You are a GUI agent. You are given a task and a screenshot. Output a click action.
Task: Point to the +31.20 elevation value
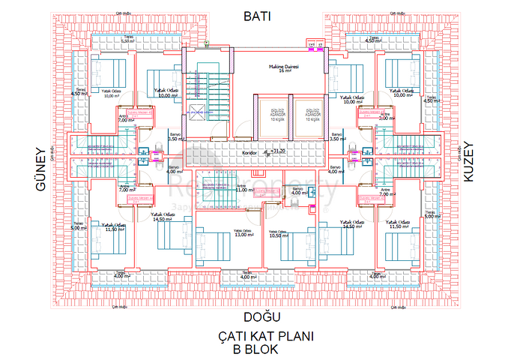click(x=279, y=151)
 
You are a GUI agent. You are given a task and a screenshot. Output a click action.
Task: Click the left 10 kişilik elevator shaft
click(x=272, y=115)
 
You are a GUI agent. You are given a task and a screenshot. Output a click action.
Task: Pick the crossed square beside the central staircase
click(x=196, y=112)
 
